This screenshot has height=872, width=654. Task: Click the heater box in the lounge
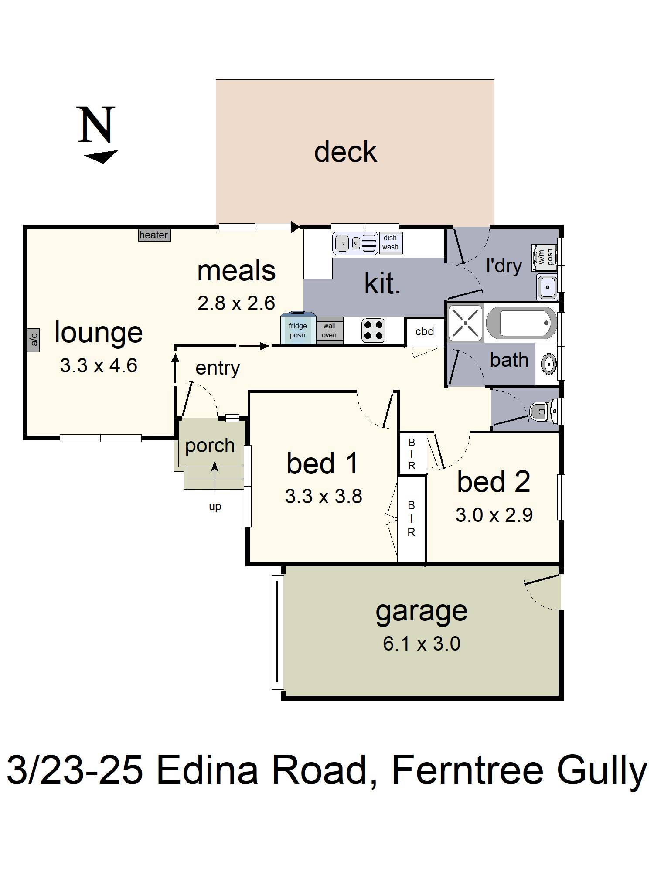point(154,235)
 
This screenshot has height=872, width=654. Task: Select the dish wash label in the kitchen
point(390,243)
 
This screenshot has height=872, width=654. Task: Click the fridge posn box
point(298,330)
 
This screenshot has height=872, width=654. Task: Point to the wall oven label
point(329,330)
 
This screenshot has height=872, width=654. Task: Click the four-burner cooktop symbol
point(374,330)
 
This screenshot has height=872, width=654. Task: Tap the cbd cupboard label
point(425,332)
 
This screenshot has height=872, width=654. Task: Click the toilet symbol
point(543,411)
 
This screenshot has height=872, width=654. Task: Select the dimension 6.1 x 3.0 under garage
point(421,644)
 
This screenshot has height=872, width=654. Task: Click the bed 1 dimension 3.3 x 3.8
point(324,497)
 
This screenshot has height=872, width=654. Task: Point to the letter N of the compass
point(96,125)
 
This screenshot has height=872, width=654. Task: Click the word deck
point(345,152)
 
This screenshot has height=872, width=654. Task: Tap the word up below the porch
point(215,507)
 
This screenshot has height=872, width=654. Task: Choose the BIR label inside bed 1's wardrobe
point(411,519)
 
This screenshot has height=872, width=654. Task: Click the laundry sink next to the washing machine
point(547,286)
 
